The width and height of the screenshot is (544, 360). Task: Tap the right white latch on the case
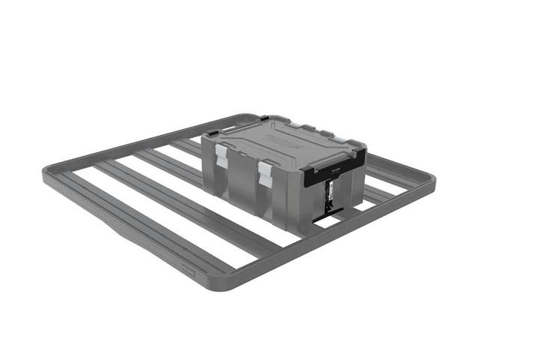265,173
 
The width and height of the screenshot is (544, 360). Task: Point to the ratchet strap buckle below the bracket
328,198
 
